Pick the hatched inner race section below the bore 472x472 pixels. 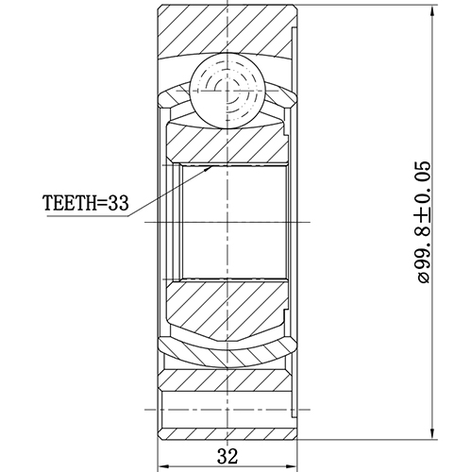pos(227,307)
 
